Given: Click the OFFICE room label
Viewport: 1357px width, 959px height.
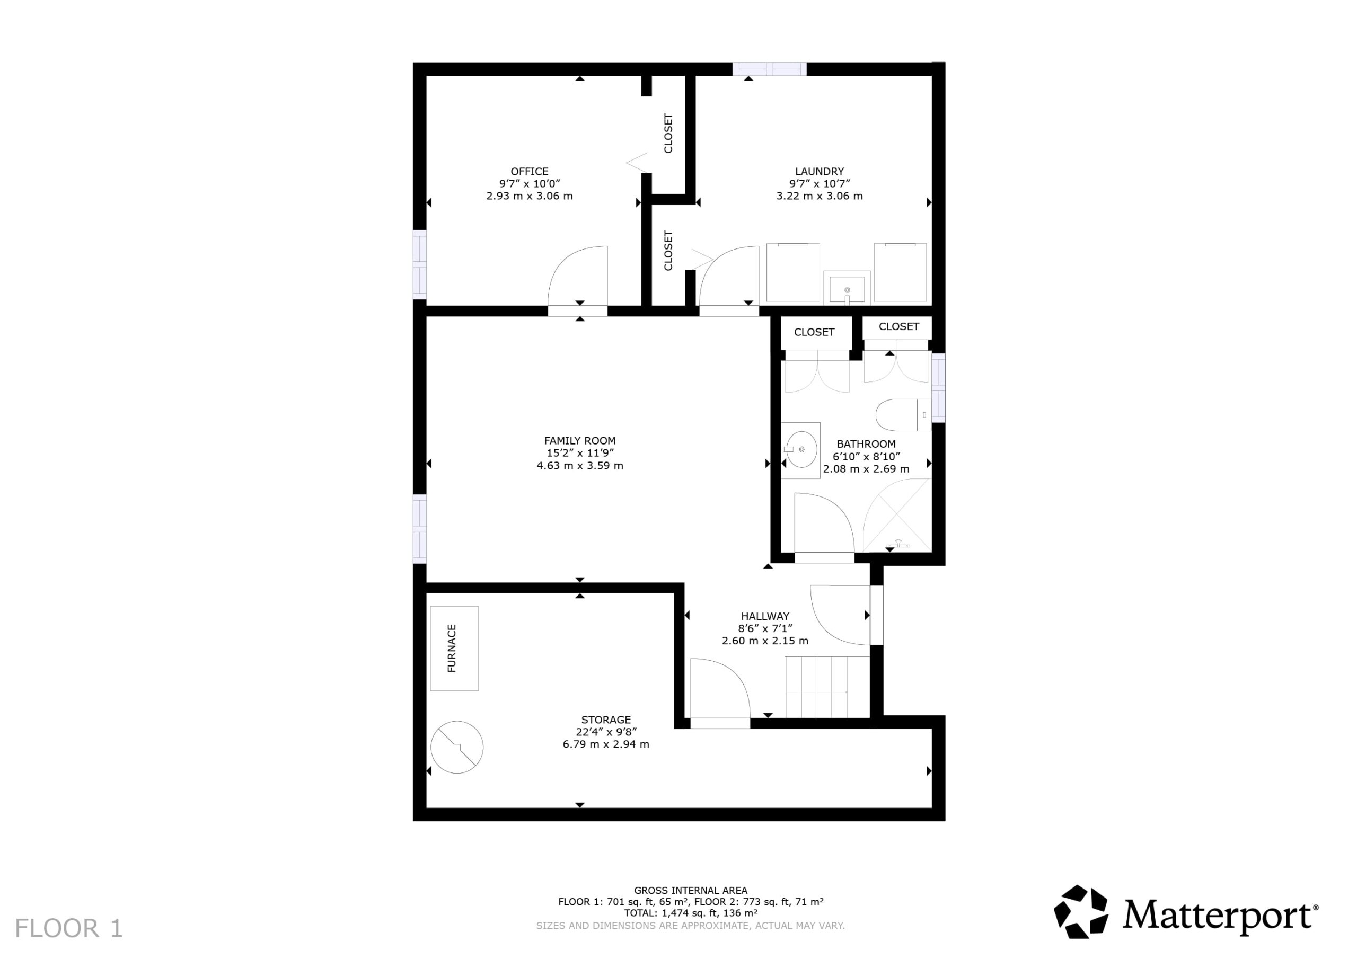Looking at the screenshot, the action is coord(529,171).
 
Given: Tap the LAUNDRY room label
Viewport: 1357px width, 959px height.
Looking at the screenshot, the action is coord(819,171).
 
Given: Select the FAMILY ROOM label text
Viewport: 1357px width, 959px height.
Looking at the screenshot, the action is coord(579,440).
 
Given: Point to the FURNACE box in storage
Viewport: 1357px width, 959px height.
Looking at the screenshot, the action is coord(454,648).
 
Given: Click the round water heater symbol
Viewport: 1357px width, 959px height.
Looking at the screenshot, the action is coord(457,747).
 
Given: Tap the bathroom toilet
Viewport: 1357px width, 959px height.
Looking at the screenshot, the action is coord(903,415).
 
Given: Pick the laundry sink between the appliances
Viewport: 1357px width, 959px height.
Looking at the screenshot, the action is coord(847,288).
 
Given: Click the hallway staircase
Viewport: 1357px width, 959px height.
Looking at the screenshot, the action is coord(827,687).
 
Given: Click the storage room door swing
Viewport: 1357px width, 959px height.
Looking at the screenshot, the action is coord(720,688).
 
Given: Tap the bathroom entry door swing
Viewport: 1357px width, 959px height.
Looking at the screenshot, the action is coord(824,523).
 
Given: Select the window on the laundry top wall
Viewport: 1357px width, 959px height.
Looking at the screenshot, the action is coord(770,68).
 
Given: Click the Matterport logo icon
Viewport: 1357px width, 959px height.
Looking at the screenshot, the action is coord(1081,912).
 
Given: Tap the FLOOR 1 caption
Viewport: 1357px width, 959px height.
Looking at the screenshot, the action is coord(68,928).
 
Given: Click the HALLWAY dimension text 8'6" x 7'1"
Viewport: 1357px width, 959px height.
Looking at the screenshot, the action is coord(765,628).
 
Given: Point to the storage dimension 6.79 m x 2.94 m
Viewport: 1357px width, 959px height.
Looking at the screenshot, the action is coord(606,744).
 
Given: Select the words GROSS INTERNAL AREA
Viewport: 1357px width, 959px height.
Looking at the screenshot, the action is coord(690,890).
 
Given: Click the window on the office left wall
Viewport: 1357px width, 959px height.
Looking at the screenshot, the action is coord(419,265).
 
